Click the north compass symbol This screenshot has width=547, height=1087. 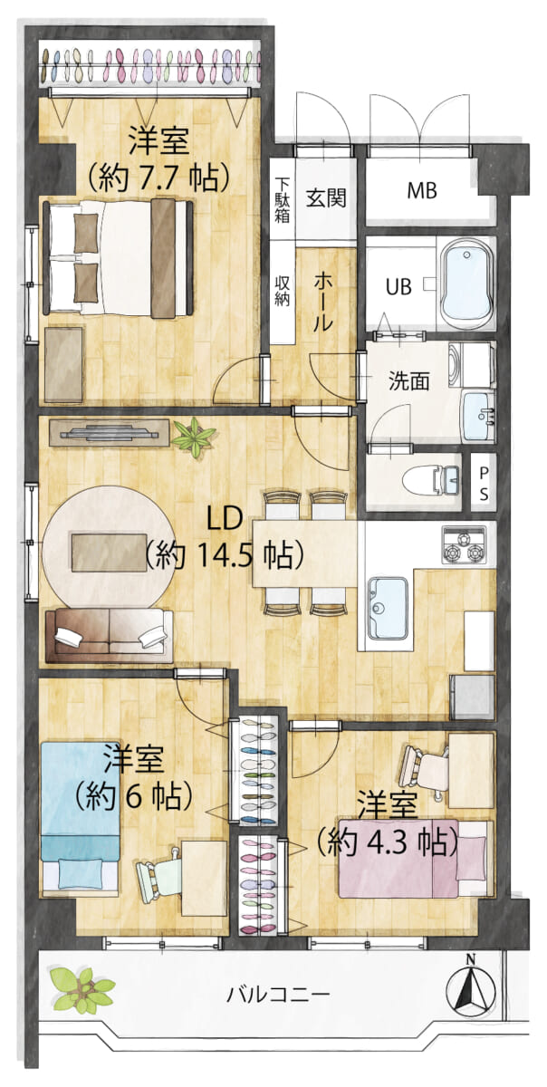469,990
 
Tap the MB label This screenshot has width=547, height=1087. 422,190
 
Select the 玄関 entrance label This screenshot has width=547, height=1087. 326,198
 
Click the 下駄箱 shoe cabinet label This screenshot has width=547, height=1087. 282,199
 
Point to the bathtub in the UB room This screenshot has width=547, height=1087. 465,284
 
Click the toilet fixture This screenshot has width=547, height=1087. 430,479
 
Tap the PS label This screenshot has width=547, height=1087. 484,484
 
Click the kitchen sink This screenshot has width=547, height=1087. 387,609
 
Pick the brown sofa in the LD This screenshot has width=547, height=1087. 110,636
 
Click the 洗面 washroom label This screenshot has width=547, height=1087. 408,381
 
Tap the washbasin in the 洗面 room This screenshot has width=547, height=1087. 478,416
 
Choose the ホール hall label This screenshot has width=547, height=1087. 323,302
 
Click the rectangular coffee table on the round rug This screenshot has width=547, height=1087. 110,553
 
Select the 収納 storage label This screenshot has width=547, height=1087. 282,291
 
